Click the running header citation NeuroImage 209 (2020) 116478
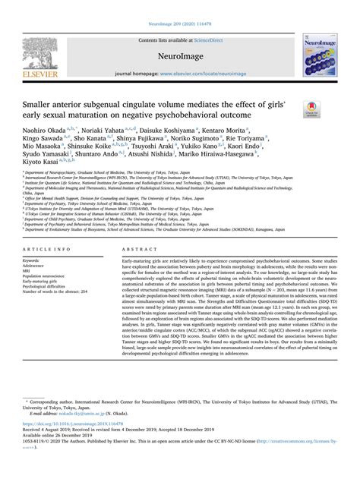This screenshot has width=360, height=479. pyautogui.click(x=179, y=5)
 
